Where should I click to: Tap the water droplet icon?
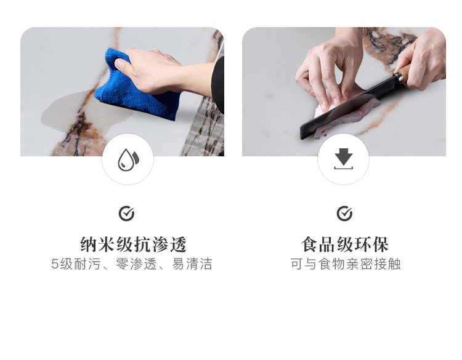click(x=128, y=159)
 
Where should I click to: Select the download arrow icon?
click(x=343, y=159)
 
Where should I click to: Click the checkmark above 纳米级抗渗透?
click(x=126, y=214)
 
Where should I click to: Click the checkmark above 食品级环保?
click(x=344, y=214)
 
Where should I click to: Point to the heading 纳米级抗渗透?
click(x=133, y=244)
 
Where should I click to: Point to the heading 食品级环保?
click(x=345, y=244)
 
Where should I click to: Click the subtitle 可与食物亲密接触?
click(x=345, y=264)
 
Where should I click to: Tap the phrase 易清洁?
click(x=192, y=264)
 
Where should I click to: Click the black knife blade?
click(x=345, y=111)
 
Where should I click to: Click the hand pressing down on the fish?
click(x=326, y=68)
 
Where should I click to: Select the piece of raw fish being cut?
click(x=345, y=114)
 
